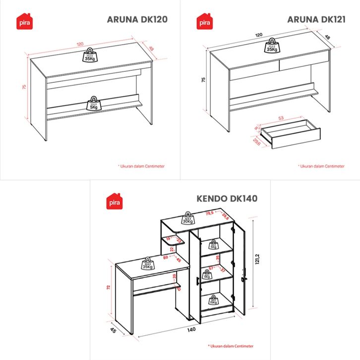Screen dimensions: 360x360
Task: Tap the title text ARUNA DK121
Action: click(316, 19)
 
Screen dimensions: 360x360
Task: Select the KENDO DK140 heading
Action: click(227, 199)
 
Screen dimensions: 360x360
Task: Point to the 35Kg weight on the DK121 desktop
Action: click(271, 46)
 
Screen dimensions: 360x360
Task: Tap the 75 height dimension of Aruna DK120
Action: click(24, 87)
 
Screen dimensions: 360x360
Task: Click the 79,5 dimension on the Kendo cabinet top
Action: click(209, 213)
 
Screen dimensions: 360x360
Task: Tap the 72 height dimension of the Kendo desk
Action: click(108, 288)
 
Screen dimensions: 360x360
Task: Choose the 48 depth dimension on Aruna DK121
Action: click(327, 37)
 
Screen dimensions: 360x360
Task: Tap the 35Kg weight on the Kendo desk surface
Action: click(147, 263)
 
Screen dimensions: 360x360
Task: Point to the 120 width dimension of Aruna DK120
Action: click(80, 44)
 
